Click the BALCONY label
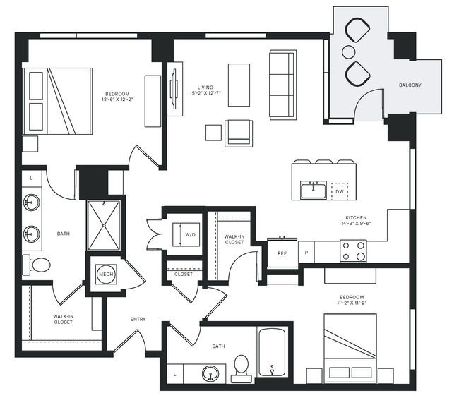[410, 85]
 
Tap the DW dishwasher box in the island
[340, 191]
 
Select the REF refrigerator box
[282, 253]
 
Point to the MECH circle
[106, 274]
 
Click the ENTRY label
[138, 319]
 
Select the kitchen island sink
[313, 190]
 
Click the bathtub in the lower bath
[272, 351]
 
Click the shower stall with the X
[105, 225]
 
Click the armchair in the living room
[239, 133]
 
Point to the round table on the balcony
[350, 52]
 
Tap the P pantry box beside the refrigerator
[306, 252]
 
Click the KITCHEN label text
[354, 217]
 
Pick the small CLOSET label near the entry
[184, 274]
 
